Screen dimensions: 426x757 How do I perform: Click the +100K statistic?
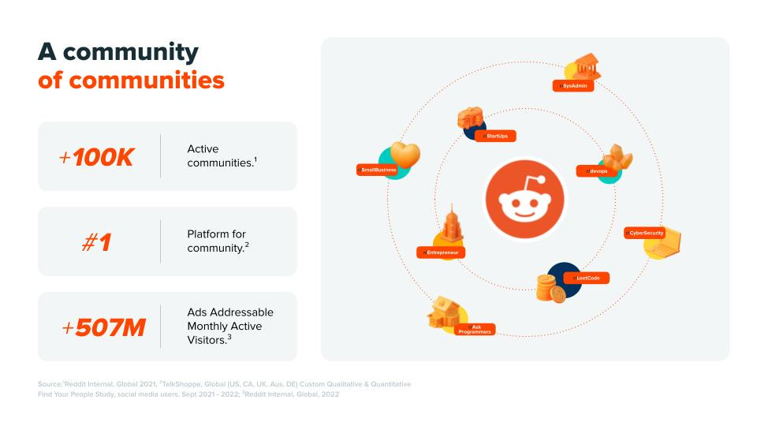click(96, 157)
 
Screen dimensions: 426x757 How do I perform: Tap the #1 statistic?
click(96, 242)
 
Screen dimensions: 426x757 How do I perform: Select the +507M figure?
click(103, 327)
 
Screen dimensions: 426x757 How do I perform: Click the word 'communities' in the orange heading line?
click(145, 80)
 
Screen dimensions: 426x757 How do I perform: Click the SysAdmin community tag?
click(574, 85)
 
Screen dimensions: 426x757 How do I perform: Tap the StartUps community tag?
click(496, 136)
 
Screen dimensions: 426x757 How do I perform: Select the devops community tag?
click(595, 170)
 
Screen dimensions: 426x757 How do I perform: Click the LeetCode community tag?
click(587, 278)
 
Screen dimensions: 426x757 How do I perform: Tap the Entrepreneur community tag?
click(441, 252)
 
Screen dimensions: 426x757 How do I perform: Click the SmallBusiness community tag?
click(377, 170)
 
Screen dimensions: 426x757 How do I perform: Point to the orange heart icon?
click(405, 155)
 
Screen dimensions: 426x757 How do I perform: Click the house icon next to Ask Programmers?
click(446, 314)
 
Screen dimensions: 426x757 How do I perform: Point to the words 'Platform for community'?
click(217, 241)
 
